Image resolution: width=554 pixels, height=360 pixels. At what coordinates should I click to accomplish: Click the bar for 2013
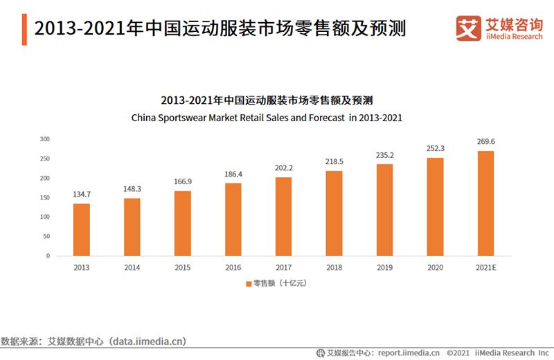82,229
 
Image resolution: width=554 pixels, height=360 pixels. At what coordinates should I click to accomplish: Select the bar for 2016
233,219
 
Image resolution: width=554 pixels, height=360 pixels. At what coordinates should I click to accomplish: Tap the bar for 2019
385,209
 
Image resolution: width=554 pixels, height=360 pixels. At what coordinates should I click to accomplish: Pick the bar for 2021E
485,203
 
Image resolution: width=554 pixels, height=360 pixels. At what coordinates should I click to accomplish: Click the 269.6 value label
485,142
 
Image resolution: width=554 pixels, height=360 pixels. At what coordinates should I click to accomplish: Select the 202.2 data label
284,168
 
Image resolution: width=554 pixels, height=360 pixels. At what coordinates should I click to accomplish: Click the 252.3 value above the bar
436,148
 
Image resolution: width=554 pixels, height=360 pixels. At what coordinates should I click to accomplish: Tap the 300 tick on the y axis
45,138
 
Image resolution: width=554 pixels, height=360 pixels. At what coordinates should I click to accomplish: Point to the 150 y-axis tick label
45,197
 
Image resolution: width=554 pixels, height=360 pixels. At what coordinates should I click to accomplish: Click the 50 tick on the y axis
46,236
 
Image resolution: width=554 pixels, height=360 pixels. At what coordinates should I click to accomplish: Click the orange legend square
248,283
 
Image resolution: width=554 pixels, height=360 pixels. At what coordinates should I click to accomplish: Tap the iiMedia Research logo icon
469,28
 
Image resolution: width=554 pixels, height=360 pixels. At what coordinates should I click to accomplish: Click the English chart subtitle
267,118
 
